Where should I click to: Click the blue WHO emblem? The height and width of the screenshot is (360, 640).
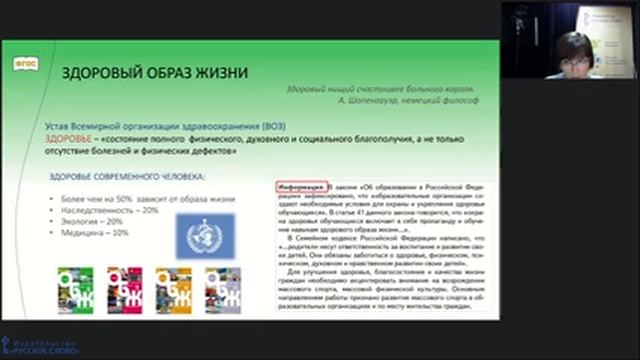click(206, 237)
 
